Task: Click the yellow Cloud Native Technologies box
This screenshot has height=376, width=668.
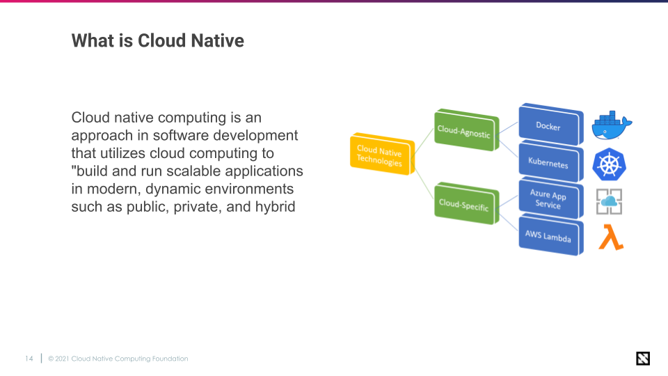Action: tap(380, 155)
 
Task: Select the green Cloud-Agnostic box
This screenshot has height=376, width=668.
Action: tap(464, 130)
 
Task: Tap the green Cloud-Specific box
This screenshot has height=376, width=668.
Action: tap(464, 204)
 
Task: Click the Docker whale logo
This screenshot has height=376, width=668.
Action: tap(611, 125)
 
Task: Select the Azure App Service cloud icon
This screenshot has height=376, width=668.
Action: tap(609, 201)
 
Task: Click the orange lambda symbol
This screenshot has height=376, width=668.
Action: tap(610, 237)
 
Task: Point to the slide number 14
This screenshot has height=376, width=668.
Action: tap(29, 359)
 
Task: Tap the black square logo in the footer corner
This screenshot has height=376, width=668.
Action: tap(643, 359)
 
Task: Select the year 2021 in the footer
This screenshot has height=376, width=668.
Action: tap(62, 359)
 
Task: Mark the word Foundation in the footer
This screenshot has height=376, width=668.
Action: tap(170, 359)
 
